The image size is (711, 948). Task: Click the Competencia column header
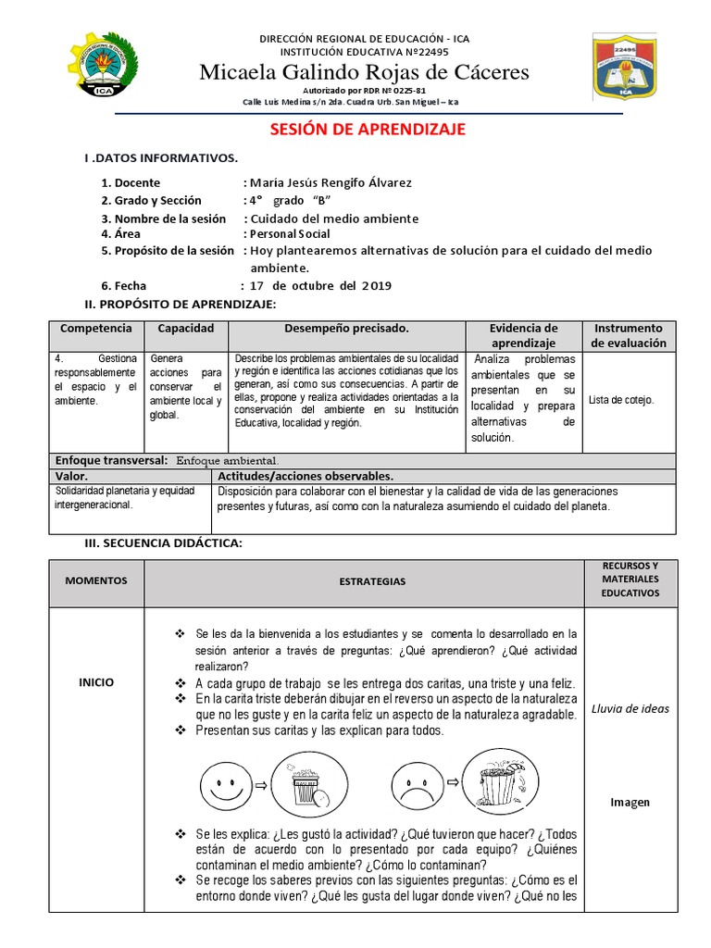95,329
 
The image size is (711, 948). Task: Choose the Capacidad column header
185,329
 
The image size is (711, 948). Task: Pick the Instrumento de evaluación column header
629,335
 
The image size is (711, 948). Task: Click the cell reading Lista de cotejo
621,400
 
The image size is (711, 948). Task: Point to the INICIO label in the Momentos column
96,682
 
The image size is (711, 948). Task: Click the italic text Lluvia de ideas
630,709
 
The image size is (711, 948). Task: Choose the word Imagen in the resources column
630,803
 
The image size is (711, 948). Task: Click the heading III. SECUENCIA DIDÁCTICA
163,543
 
